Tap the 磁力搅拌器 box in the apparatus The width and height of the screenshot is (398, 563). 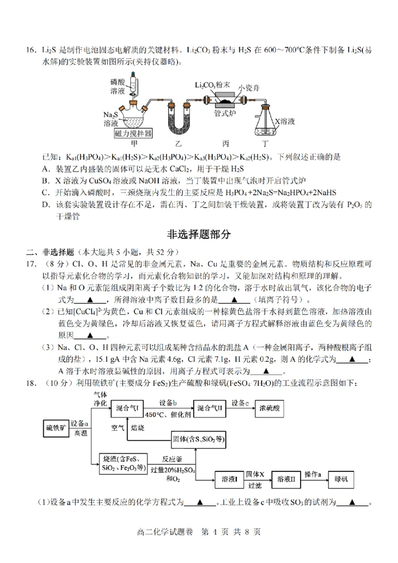click(x=133, y=133)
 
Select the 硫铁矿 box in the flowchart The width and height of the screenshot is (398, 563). click(x=56, y=428)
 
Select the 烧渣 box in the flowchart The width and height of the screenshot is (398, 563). click(x=122, y=463)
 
